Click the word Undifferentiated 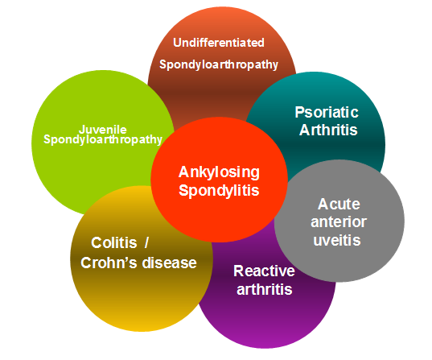click(x=219, y=43)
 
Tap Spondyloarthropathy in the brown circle click(x=219, y=64)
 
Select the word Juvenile click(x=103, y=130)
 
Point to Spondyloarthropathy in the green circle click(x=103, y=139)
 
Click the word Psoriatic click(x=327, y=112)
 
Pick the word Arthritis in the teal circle click(x=328, y=130)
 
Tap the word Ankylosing click(x=219, y=173)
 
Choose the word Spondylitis click(x=219, y=191)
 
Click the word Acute click(x=339, y=204)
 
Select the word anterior click(x=339, y=222)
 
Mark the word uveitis click(x=337, y=240)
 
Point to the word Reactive click(x=264, y=271)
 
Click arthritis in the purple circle click(x=264, y=289)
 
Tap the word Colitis click(x=114, y=243)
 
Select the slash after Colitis click(x=146, y=243)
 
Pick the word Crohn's click(x=109, y=263)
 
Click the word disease click(x=170, y=263)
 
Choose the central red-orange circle click(x=219, y=180)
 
